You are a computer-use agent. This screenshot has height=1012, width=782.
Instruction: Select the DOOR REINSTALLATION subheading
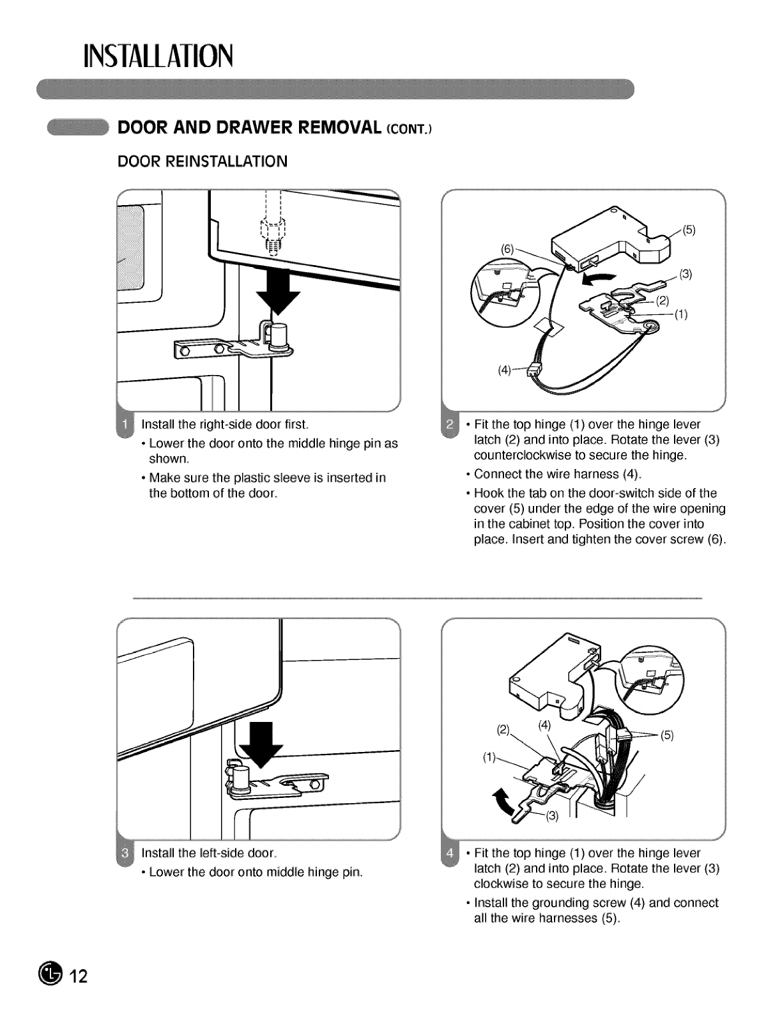coord(202,161)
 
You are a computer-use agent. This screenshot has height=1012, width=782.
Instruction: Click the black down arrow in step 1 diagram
coord(278,296)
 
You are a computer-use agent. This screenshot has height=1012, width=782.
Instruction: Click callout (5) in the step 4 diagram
coord(667,735)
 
